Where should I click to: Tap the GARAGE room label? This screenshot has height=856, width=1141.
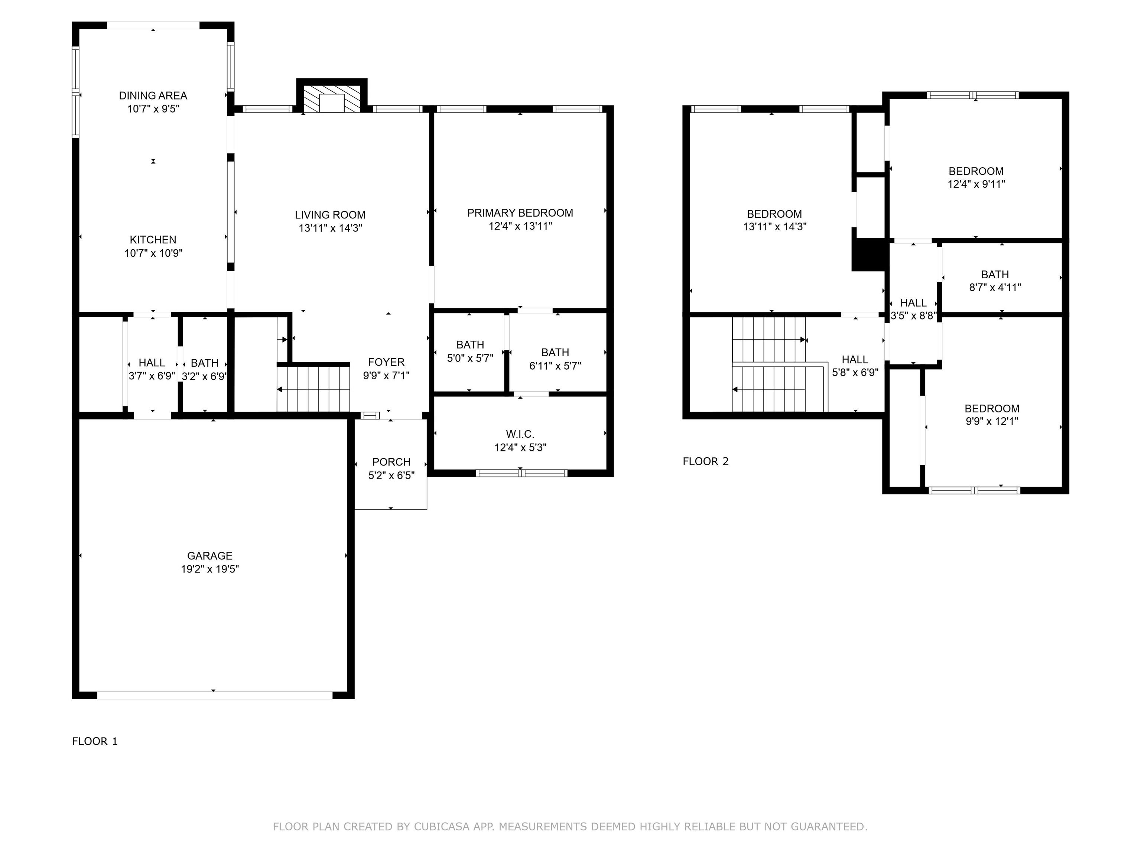209,556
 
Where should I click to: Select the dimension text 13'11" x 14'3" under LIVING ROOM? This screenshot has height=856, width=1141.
330,228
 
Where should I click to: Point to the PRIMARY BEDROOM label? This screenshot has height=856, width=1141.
520,213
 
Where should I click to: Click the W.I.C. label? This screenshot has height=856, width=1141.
520,434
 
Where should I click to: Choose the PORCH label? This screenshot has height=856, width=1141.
391,462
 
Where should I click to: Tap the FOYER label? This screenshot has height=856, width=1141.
386,362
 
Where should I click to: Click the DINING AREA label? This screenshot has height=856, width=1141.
153,95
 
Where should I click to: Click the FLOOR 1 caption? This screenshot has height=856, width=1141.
95,742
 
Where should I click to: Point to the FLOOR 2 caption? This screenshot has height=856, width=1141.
706,461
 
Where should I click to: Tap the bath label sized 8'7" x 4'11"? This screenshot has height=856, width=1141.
995,275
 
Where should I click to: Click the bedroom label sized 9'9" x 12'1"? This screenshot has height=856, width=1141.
992,409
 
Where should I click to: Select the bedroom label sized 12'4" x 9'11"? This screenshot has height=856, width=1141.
976,171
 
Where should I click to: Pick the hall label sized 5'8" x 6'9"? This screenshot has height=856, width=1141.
855,360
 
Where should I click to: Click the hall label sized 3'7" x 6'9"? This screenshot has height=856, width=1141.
152,363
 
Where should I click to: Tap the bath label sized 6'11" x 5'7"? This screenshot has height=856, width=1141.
555,353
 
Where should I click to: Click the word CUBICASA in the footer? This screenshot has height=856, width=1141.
442,827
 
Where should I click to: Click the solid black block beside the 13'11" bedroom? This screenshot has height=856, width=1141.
869,255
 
